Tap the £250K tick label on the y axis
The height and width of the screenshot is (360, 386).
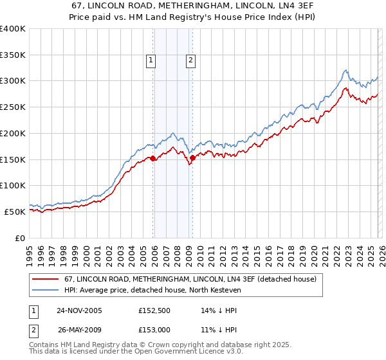point(13,107)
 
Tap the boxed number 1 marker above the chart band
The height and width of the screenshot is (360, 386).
point(151,61)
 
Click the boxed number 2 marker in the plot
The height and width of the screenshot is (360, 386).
point(191,61)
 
